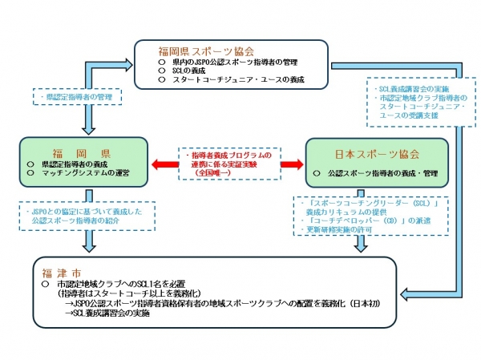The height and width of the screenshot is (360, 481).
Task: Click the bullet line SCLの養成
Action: coord(189,71)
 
